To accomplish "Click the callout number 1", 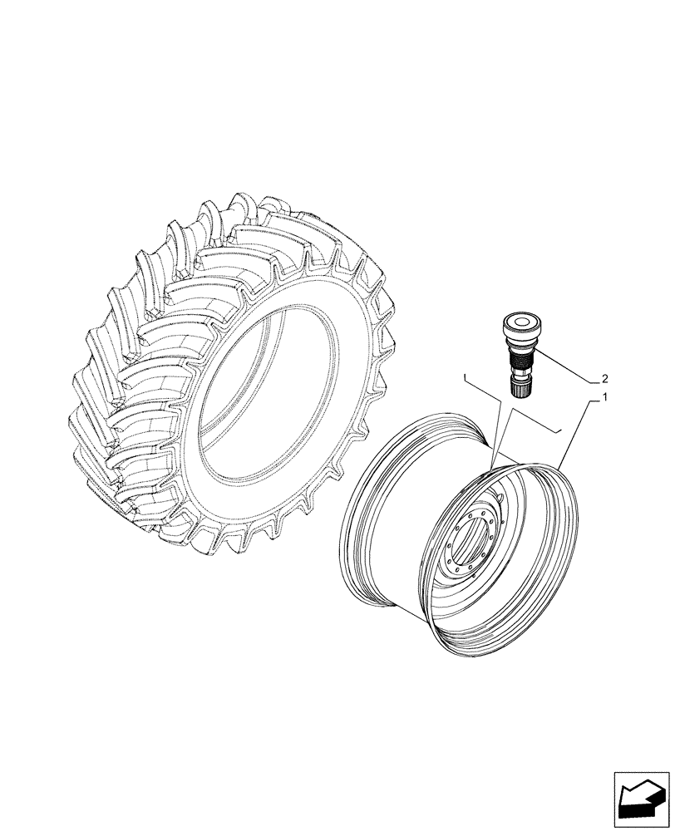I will (605, 398).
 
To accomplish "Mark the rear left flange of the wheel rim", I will (357, 515).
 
